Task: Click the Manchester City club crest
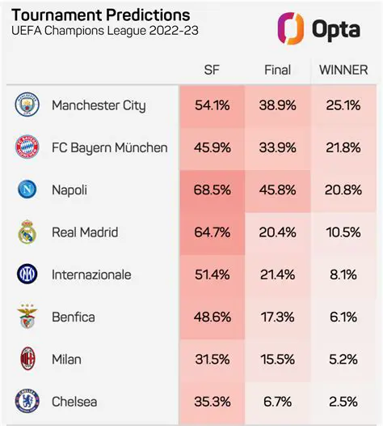(x=27, y=105)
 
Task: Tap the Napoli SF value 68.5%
(x=213, y=190)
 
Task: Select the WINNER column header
(x=343, y=70)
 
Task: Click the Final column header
(x=277, y=70)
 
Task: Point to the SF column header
(x=212, y=70)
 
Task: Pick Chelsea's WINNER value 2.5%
(x=344, y=402)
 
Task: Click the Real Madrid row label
(x=85, y=232)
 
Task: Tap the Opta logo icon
(x=289, y=29)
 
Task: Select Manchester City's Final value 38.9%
(x=278, y=105)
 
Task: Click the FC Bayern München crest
(x=27, y=147)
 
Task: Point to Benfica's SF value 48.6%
(x=213, y=317)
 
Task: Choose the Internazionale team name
(x=91, y=275)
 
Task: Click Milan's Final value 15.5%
(x=278, y=360)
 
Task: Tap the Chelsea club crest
(x=27, y=402)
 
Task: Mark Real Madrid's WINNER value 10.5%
(x=343, y=232)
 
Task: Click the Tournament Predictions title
(x=101, y=15)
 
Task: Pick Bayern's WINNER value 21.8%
(x=343, y=147)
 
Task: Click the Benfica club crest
(x=27, y=317)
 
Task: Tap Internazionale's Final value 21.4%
(x=278, y=275)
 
